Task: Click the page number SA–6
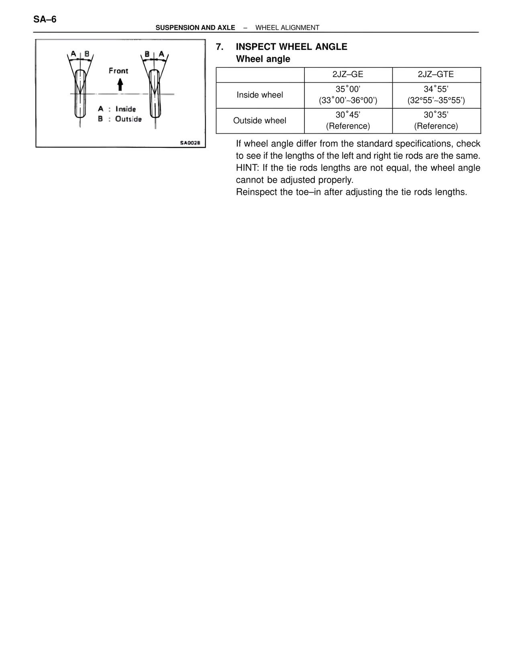pyautogui.click(x=45, y=19)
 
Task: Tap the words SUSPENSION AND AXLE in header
pyautogui.click(x=195, y=28)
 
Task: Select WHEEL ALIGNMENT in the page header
pyautogui.click(x=287, y=28)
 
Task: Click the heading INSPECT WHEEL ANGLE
pyautogui.click(x=291, y=47)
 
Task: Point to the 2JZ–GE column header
pyautogui.click(x=348, y=74)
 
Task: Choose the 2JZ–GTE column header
pyautogui.click(x=436, y=74)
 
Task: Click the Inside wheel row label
pyautogui.click(x=259, y=95)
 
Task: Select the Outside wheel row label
pyautogui.click(x=259, y=120)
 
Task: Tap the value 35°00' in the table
pyautogui.click(x=348, y=89)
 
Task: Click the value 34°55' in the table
pyautogui.click(x=436, y=89)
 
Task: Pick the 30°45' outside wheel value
pyautogui.click(x=348, y=115)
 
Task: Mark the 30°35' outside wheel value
pyautogui.click(x=436, y=115)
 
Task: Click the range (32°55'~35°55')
pyautogui.click(x=436, y=100)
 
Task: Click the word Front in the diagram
pyautogui.click(x=118, y=71)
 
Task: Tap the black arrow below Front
pyautogui.click(x=120, y=84)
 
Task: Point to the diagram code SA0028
pyautogui.click(x=190, y=142)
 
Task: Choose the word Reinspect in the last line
pyautogui.click(x=255, y=192)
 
